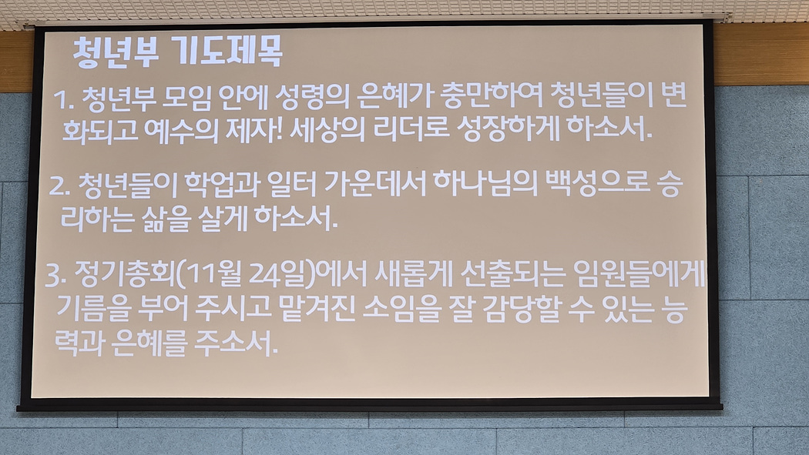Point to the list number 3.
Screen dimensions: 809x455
pyautogui.click(x=55, y=276)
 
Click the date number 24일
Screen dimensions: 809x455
pyautogui.click(x=277, y=274)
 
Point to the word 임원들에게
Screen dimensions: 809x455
pyautogui.click(x=638, y=273)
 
